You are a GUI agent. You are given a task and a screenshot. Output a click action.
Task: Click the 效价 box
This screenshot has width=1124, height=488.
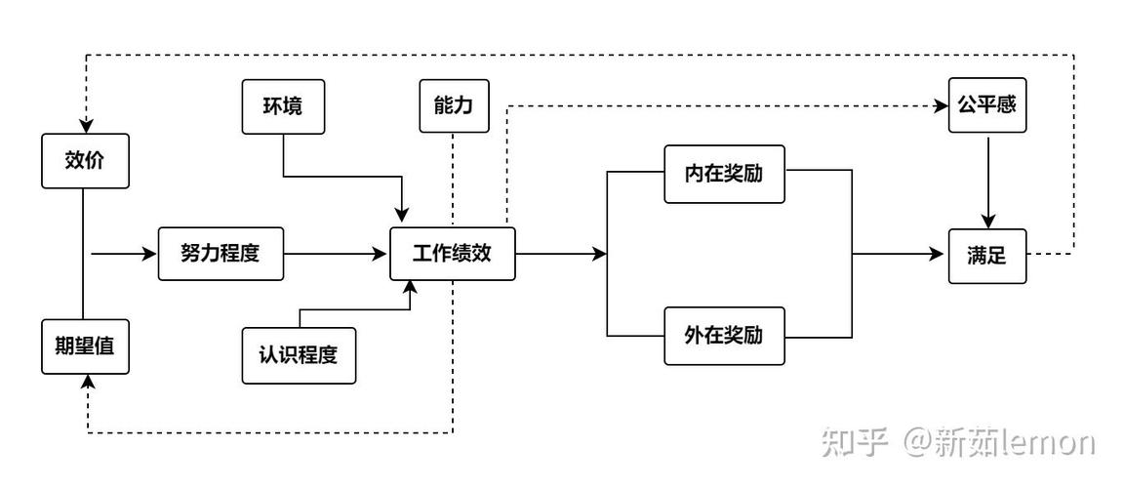(85, 161)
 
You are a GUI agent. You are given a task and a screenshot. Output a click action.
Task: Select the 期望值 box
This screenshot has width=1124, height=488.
(85, 346)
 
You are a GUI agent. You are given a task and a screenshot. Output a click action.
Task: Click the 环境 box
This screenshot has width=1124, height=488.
(282, 105)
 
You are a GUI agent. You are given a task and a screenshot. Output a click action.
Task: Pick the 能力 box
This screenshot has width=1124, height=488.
(454, 105)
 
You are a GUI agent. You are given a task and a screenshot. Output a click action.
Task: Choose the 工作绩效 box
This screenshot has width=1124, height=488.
(452, 254)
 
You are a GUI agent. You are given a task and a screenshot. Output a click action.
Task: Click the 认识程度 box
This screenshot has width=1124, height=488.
(299, 355)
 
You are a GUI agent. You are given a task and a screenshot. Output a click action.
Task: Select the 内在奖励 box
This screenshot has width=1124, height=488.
(724, 176)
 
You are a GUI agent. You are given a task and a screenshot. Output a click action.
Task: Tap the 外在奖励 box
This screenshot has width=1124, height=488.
(724, 337)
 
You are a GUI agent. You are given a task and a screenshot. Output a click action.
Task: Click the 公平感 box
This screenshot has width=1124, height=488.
(987, 105)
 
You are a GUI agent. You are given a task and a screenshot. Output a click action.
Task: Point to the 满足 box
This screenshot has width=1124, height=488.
(987, 256)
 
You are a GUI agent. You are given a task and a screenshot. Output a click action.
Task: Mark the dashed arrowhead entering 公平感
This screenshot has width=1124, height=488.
(942, 105)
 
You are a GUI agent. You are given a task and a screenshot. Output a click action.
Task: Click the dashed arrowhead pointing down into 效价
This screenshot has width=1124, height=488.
(86, 126)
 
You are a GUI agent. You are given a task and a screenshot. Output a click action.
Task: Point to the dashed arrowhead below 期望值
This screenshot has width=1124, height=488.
(87, 384)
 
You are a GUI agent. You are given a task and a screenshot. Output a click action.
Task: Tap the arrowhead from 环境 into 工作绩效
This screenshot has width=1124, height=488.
(401, 218)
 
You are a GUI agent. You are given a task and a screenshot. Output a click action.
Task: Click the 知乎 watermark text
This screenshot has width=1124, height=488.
(855, 443)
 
